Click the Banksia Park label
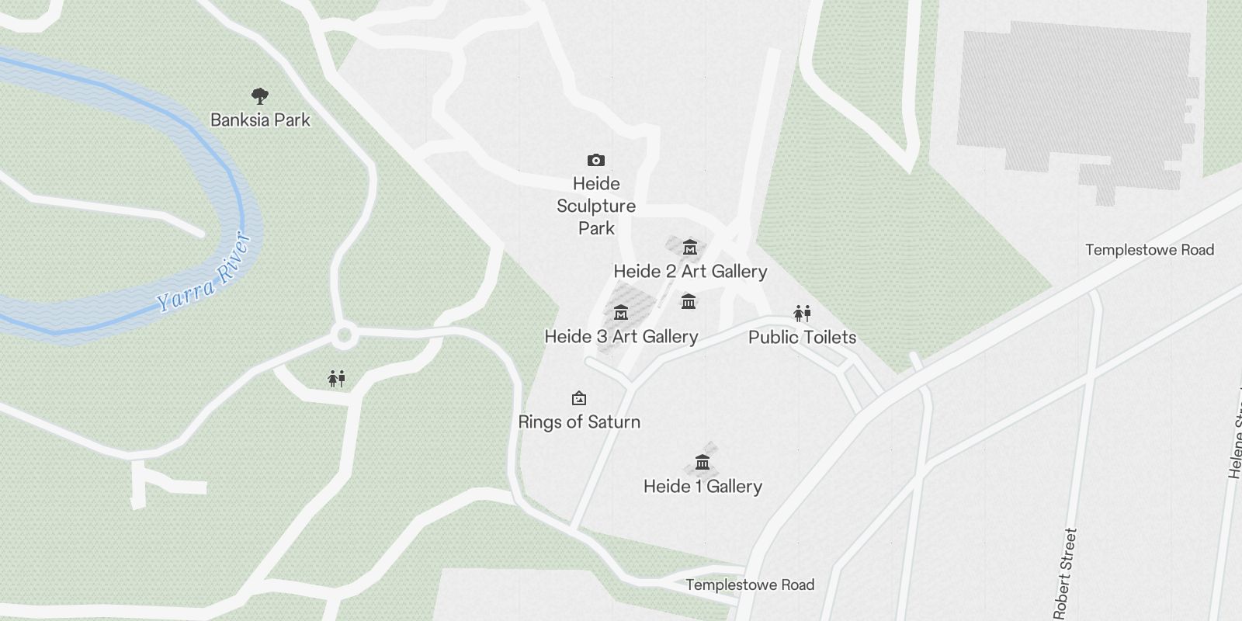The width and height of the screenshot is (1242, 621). tap(260, 120)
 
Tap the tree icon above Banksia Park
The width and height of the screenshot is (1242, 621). tap(260, 96)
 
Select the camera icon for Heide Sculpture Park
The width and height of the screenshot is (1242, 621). tap(595, 161)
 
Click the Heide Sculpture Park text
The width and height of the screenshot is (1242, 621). tap(596, 206)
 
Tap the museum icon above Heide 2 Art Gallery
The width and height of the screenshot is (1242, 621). tap(689, 248)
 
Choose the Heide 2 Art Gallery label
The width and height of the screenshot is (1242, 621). tap(690, 272)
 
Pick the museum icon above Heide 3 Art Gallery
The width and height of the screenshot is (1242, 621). tap(620, 313)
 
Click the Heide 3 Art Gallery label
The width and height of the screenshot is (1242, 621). tap(621, 337)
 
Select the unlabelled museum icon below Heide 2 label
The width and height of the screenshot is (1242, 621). tap(688, 301)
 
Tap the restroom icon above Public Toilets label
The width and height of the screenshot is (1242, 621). tap(802, 314)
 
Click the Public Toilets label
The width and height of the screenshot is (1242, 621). tap(802, 338)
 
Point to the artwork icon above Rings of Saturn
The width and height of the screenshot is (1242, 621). tap(578, 399)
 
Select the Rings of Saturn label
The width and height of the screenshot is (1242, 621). tap(579, 422)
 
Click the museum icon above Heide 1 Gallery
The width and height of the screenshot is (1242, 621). tap(703, 463)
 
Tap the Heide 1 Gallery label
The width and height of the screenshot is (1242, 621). tap(703, 487)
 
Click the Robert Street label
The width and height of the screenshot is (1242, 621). tap(1065, 573)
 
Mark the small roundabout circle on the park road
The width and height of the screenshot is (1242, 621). tap(343, 337)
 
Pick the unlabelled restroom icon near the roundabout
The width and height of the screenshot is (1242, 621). tap(336, 379)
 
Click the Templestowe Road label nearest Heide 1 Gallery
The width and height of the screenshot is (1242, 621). tap(750, 585)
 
